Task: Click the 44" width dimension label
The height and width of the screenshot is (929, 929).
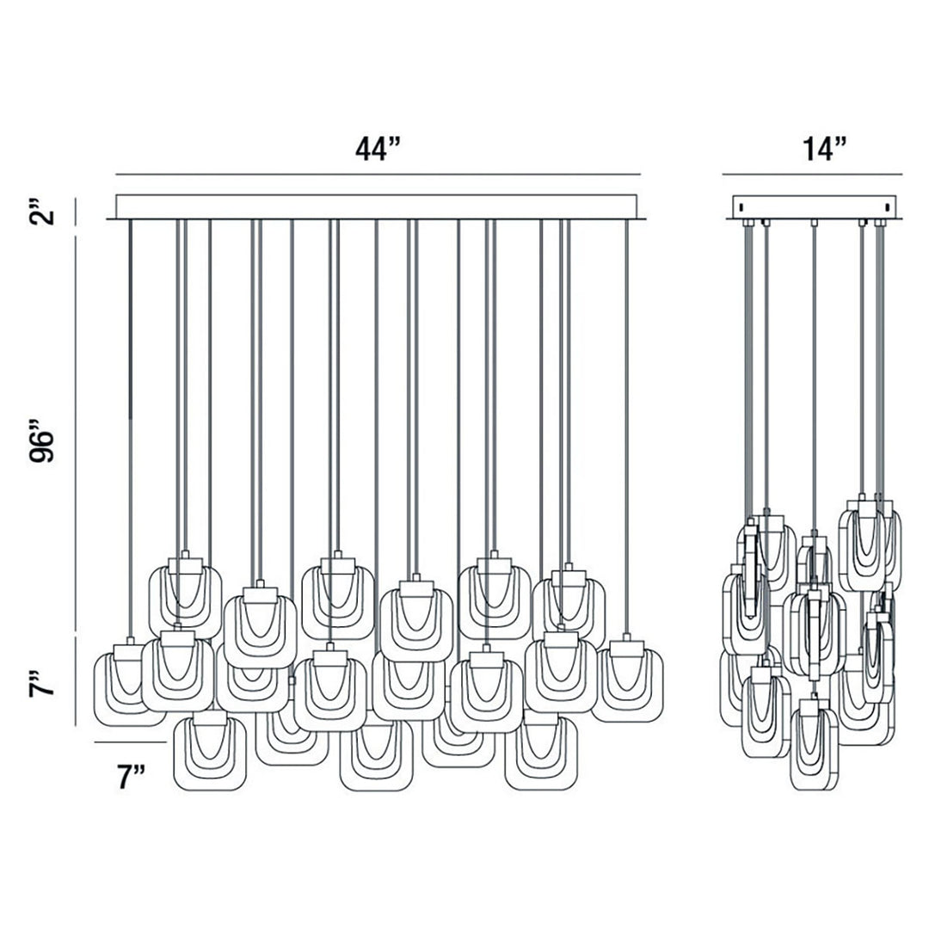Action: point(378,149)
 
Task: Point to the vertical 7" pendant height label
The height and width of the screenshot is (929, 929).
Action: point(45,680)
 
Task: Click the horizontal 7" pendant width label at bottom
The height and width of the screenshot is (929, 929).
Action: point(130,777)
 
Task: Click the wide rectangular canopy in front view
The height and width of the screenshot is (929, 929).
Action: point(377,206)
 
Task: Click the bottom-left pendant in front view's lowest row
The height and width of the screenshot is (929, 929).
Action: point(210,752)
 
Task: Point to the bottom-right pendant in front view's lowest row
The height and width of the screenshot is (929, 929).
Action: point(540,752)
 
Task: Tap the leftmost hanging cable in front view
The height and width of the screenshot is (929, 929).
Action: point(129,430)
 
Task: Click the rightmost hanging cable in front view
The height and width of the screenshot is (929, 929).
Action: point(626,430)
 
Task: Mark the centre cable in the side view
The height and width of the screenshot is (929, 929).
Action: point(814,378)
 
